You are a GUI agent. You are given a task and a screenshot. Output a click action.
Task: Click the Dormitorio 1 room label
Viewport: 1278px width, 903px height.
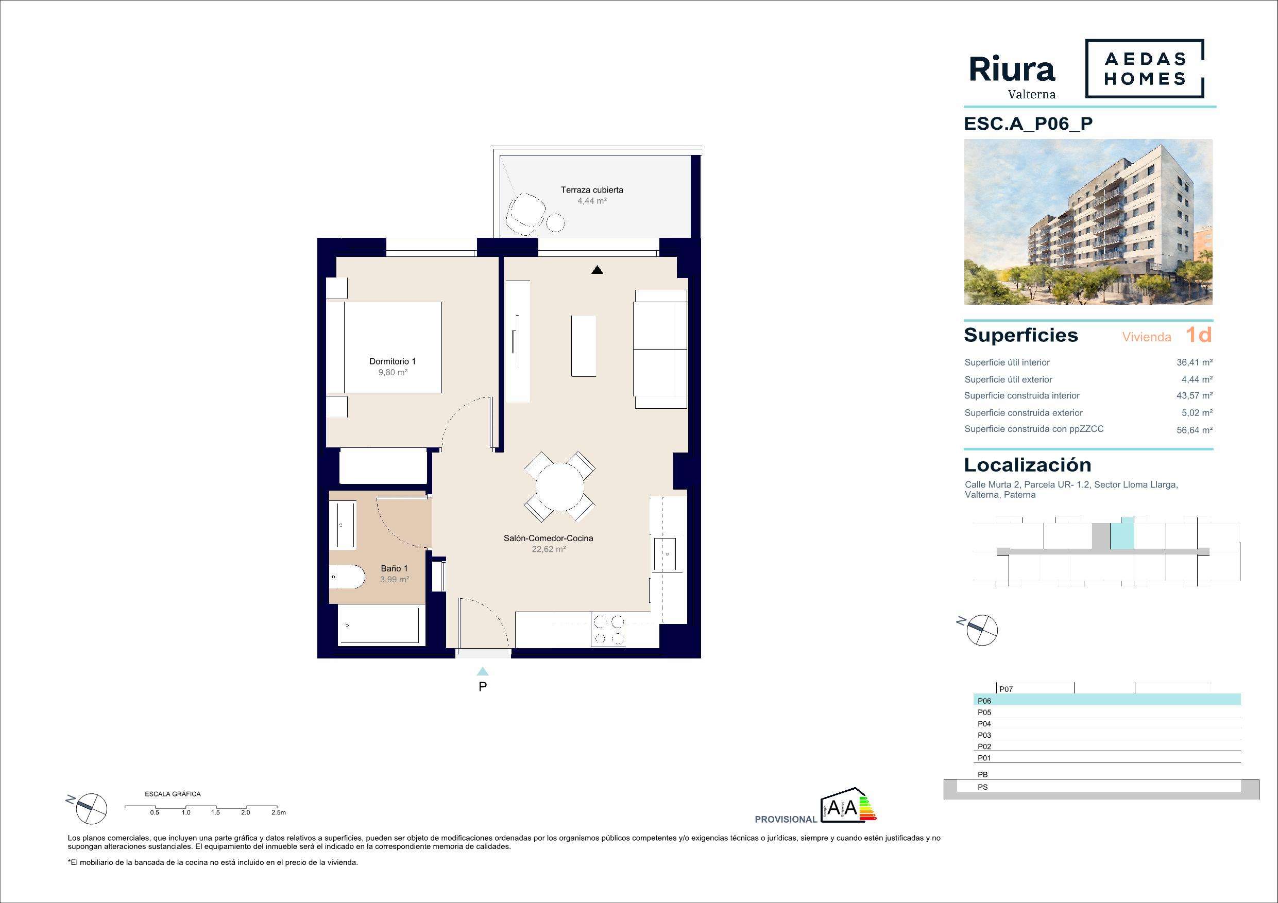(393, 361)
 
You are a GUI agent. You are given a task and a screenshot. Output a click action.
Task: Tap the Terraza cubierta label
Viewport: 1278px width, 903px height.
(592, 190)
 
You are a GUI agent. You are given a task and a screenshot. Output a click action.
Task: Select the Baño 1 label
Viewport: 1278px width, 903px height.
(394, 568)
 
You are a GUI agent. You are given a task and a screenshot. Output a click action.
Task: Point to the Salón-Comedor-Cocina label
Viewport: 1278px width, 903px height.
(548, 538)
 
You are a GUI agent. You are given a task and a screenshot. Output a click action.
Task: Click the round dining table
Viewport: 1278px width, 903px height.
(559, 487)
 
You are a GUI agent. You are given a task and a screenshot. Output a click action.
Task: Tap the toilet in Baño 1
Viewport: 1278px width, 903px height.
(346, 578)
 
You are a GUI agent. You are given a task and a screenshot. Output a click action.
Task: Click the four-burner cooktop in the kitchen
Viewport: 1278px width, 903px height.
(608, 629)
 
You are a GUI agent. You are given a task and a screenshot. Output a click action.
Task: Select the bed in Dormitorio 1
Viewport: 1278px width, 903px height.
(393, 347)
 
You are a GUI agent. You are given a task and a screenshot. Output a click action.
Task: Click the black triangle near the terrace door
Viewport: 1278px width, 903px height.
(597, 270)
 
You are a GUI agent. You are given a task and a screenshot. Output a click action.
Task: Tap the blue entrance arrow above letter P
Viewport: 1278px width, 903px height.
(483, 671)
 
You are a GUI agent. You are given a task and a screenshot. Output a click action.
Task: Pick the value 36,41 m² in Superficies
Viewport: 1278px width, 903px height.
(1195, 362)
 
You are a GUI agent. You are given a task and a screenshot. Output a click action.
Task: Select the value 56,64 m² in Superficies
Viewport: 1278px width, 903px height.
(1195, 429)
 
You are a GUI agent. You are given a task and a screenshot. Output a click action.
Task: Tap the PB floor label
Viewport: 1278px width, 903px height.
(982, 774)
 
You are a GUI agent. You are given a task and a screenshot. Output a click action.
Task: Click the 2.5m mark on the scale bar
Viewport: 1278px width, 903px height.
(278, 812)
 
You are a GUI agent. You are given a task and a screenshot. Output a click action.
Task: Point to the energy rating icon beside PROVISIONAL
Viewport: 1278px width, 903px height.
(848, 805)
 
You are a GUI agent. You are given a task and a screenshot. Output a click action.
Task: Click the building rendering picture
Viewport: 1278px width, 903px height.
(1088, 222)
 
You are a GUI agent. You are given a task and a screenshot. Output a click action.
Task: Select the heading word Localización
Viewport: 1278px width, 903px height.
(1028, 464)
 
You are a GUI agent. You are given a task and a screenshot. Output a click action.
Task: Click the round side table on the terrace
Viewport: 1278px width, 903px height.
(555, 223)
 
